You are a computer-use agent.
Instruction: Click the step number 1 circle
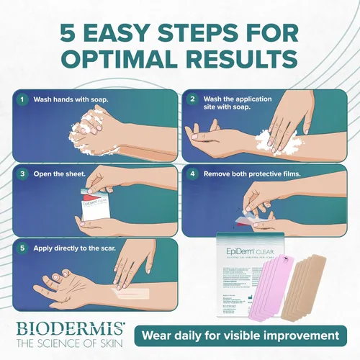tap(23, 100)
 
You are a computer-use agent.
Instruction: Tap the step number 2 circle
tap(193, 100)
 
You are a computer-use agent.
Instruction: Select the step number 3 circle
tap(23, 174)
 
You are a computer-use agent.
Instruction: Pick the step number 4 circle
tap(193, 174)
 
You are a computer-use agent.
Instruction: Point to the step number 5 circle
tap(23, 248)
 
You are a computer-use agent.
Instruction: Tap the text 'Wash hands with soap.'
tap(67, 100)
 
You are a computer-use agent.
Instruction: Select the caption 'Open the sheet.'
tap(60, 174)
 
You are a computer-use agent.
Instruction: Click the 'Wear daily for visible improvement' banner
tap(240, 335)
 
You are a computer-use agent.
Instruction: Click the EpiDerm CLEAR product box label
tap(256, 243)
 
